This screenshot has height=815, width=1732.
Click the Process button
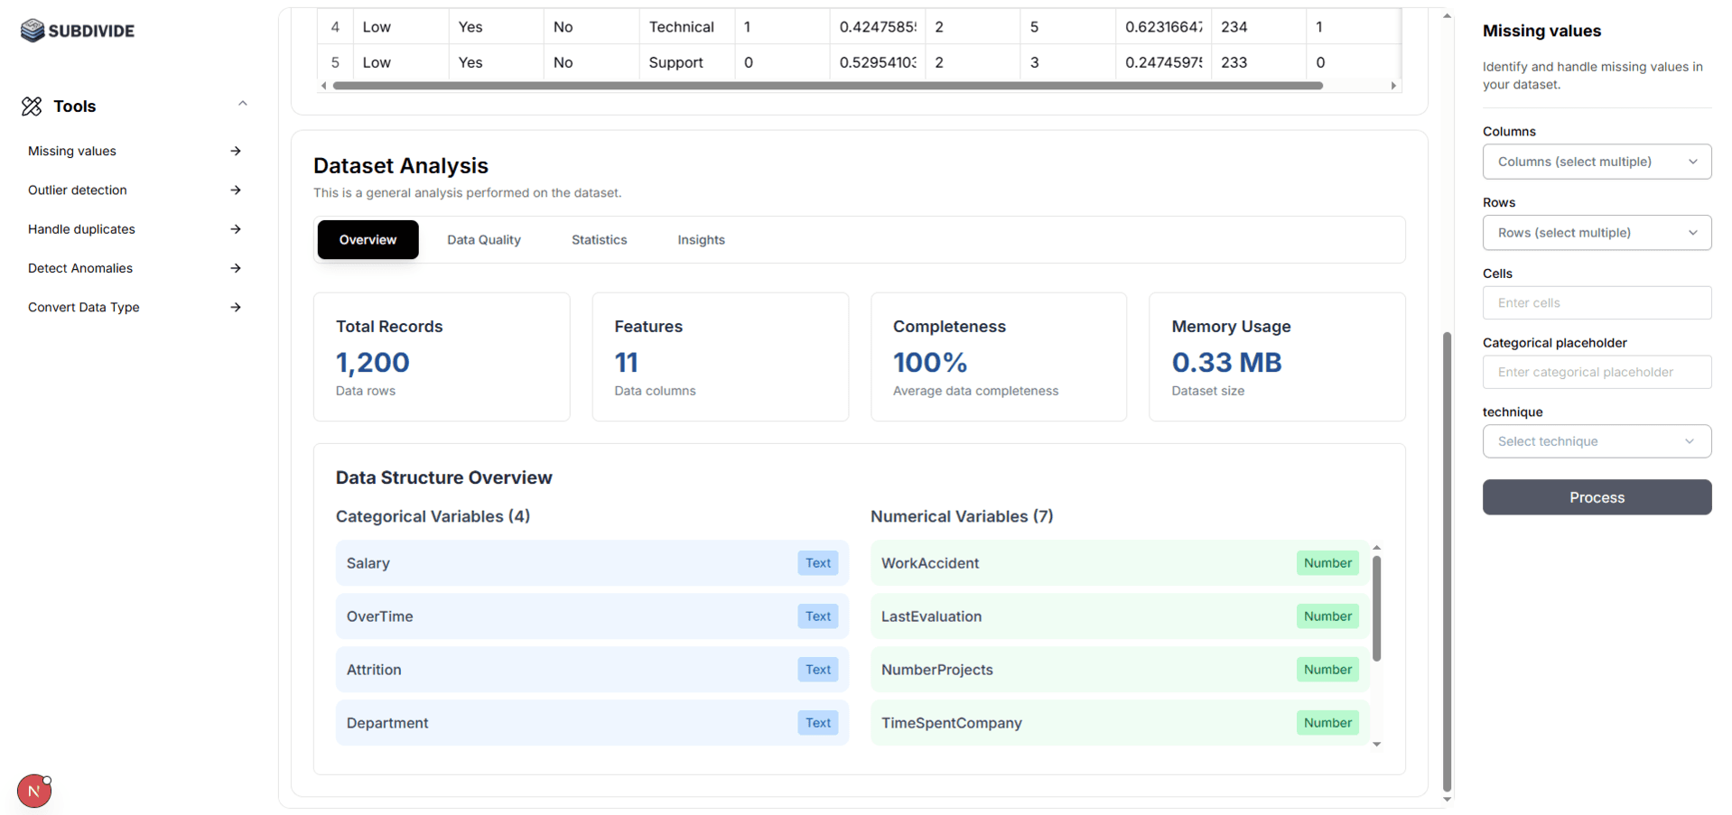pyautogui.click(x=1596, y=497)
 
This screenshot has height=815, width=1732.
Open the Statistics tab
pyautogui.click(x=599, y=240)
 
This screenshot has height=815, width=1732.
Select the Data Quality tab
pyautogui.click(x=483, y=240)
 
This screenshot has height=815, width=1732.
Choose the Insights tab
pyautogui.click(x=701, y=240)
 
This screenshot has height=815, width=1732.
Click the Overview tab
pyautogui.click(x=368, y=240)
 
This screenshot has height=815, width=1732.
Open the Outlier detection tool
pyautogui.click(x=78, y=190)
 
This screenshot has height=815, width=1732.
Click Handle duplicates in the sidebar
pyautogui.click(x=81, y=229)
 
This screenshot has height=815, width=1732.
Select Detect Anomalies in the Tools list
pyautogui.click(x=80, y=268)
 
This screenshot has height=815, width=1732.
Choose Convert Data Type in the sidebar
pyautogui.click(x=84, y=308)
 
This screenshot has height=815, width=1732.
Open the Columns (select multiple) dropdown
pyautogui.click(x=1596, y=162)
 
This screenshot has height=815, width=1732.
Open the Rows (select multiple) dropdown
pyautogui.click(x=1596, y=233)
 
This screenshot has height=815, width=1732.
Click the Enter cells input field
pyautogui.click(x=1596, y=303)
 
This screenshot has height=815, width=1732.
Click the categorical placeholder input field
pyautogui.click(x=1596, y=372)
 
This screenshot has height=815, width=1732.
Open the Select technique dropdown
pyautogui.click(x=1596, y=441)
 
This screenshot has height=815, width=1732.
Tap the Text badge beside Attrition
pyautogui.click(x=817, y=670)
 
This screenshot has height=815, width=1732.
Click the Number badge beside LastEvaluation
pyautogui.click(x=1327, y=616)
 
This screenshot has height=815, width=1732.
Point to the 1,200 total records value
pyautogui.click(x=373, y=363)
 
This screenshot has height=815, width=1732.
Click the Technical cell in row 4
pyautogui.click(x=681, y=27)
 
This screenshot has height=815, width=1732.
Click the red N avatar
pyautogui.click(x=34, y=792)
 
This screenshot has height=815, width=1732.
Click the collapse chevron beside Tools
pyautogui.click(x=242, y=104)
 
